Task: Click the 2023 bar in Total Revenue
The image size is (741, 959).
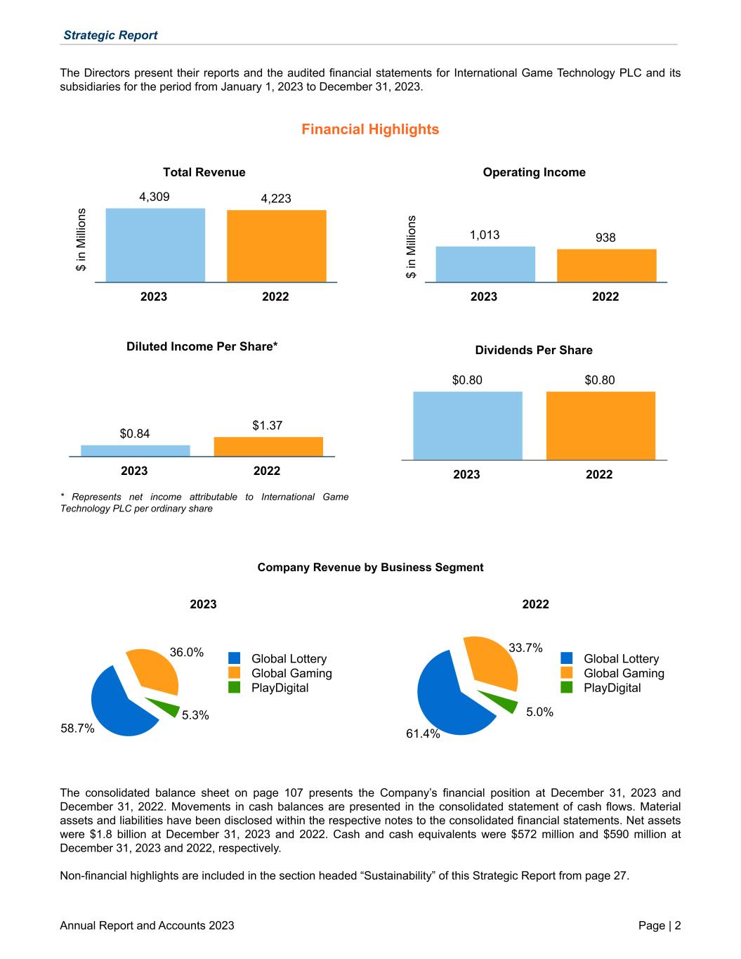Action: (155, 245)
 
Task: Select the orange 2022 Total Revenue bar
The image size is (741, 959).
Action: (276, 246)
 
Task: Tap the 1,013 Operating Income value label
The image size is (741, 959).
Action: (485, 235)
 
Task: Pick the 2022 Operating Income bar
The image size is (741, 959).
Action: (606, 266)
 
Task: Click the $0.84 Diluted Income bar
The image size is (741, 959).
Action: (135, 450)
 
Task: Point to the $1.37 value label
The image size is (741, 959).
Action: (267, 425)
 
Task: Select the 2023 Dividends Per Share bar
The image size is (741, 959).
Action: (468, 426)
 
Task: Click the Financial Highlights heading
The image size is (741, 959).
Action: (370, 129)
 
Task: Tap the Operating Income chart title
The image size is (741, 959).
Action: (534, 172)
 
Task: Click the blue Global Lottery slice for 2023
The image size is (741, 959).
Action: (119, 706)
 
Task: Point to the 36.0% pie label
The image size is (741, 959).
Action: (187, 652)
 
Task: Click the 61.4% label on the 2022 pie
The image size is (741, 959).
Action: (423, 733)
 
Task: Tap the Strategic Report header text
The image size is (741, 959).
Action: (110, 35)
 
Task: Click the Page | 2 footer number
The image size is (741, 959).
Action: (659, 925)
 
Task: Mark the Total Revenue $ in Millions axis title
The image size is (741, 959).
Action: (81, 240)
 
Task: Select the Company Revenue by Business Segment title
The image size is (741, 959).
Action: (370, 567)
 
